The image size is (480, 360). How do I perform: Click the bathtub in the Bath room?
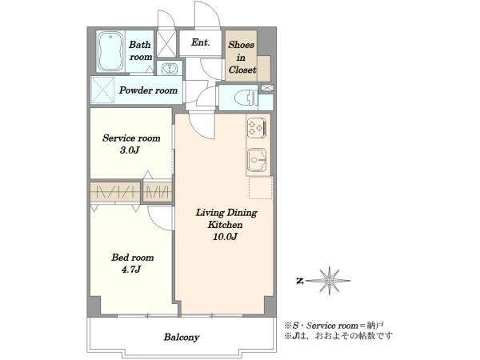[110, 51]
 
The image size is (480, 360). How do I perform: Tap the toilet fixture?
[246, 98]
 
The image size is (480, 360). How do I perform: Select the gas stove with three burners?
[258, 128]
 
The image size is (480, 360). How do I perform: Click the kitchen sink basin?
[257, 161]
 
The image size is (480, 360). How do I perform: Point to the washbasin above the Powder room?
[169, 69]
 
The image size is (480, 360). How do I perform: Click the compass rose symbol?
[330, 281]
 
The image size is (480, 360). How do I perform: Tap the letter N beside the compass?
[300, 281]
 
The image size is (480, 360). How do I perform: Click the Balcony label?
[182, 338]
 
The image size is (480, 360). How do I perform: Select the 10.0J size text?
[226, 237]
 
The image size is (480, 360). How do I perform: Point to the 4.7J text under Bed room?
[131, 270]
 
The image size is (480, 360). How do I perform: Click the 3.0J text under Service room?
[130, 150]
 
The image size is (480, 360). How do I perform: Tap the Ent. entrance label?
[201, 42]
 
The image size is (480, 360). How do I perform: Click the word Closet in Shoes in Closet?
[242, 70]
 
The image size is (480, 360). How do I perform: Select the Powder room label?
[148, 90]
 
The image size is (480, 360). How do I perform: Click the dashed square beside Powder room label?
[103, 90]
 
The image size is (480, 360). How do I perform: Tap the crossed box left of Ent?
[166, 43]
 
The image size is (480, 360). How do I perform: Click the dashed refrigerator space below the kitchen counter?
[260, 187]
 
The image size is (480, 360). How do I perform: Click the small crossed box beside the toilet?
[267, 88]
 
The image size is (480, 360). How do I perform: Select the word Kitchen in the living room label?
[225, 225]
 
